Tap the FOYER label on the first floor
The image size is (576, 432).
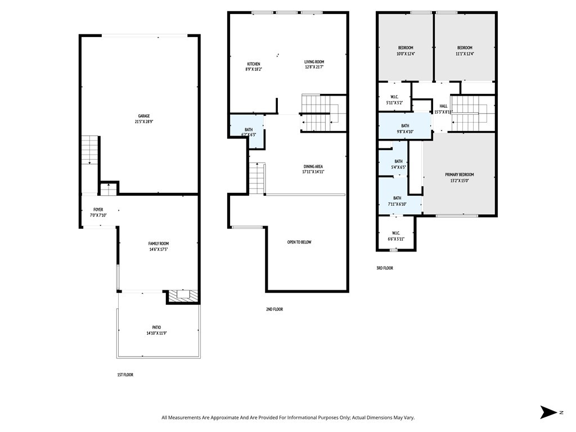98,209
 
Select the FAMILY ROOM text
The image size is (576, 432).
159,244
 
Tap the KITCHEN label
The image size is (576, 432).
253,64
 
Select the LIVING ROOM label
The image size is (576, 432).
314,62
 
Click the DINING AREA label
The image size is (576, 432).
313,166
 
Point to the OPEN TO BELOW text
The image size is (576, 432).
299,242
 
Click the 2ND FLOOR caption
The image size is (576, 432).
274,309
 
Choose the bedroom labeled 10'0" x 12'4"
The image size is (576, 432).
405,51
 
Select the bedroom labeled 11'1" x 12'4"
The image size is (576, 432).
464,51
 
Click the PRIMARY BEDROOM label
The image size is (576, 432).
459,177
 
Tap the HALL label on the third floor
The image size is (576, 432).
443,106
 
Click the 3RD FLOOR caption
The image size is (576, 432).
384,268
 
